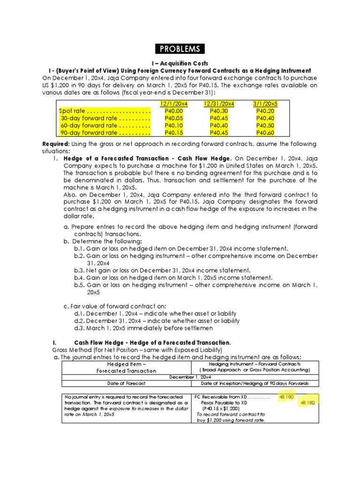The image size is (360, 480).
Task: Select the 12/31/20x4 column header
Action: tap(219, 103)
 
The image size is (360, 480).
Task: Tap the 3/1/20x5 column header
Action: tap(265, 103)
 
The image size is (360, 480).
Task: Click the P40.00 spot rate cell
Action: tap(173, 111)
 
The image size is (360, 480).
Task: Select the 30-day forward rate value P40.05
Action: tap(173, 118)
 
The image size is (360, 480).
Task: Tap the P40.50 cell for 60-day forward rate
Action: tap(265, 125)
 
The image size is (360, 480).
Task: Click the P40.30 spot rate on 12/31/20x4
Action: tap(219, 111)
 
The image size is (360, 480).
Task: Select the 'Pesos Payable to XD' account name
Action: tap(225, 402)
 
